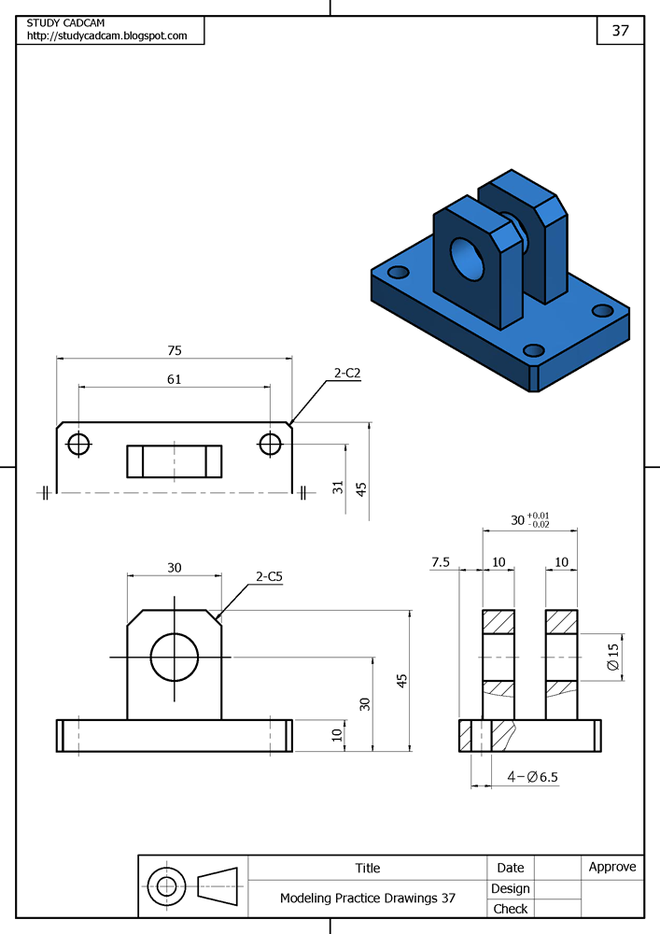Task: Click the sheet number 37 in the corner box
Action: point(621,30)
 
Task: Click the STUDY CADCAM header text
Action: point(63,22)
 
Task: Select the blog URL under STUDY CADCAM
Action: point(106,35)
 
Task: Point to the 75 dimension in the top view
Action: point(175,351)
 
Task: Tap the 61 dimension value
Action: point(175,379)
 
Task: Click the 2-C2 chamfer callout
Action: point(347,373)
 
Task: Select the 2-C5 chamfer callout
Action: point(269,577)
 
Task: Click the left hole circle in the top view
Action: point(79,444)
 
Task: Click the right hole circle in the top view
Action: point(271,444)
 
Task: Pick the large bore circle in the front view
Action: point(174,658)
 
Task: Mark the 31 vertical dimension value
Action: point(339,487)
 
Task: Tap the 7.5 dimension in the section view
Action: point(441,562)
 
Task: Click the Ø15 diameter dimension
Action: point(612,658)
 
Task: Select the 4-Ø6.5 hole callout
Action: point(532,777)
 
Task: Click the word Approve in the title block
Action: point(612,867)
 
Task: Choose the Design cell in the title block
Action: point(511,888)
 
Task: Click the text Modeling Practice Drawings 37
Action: point(368,898)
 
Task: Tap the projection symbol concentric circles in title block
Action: point(167,885)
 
